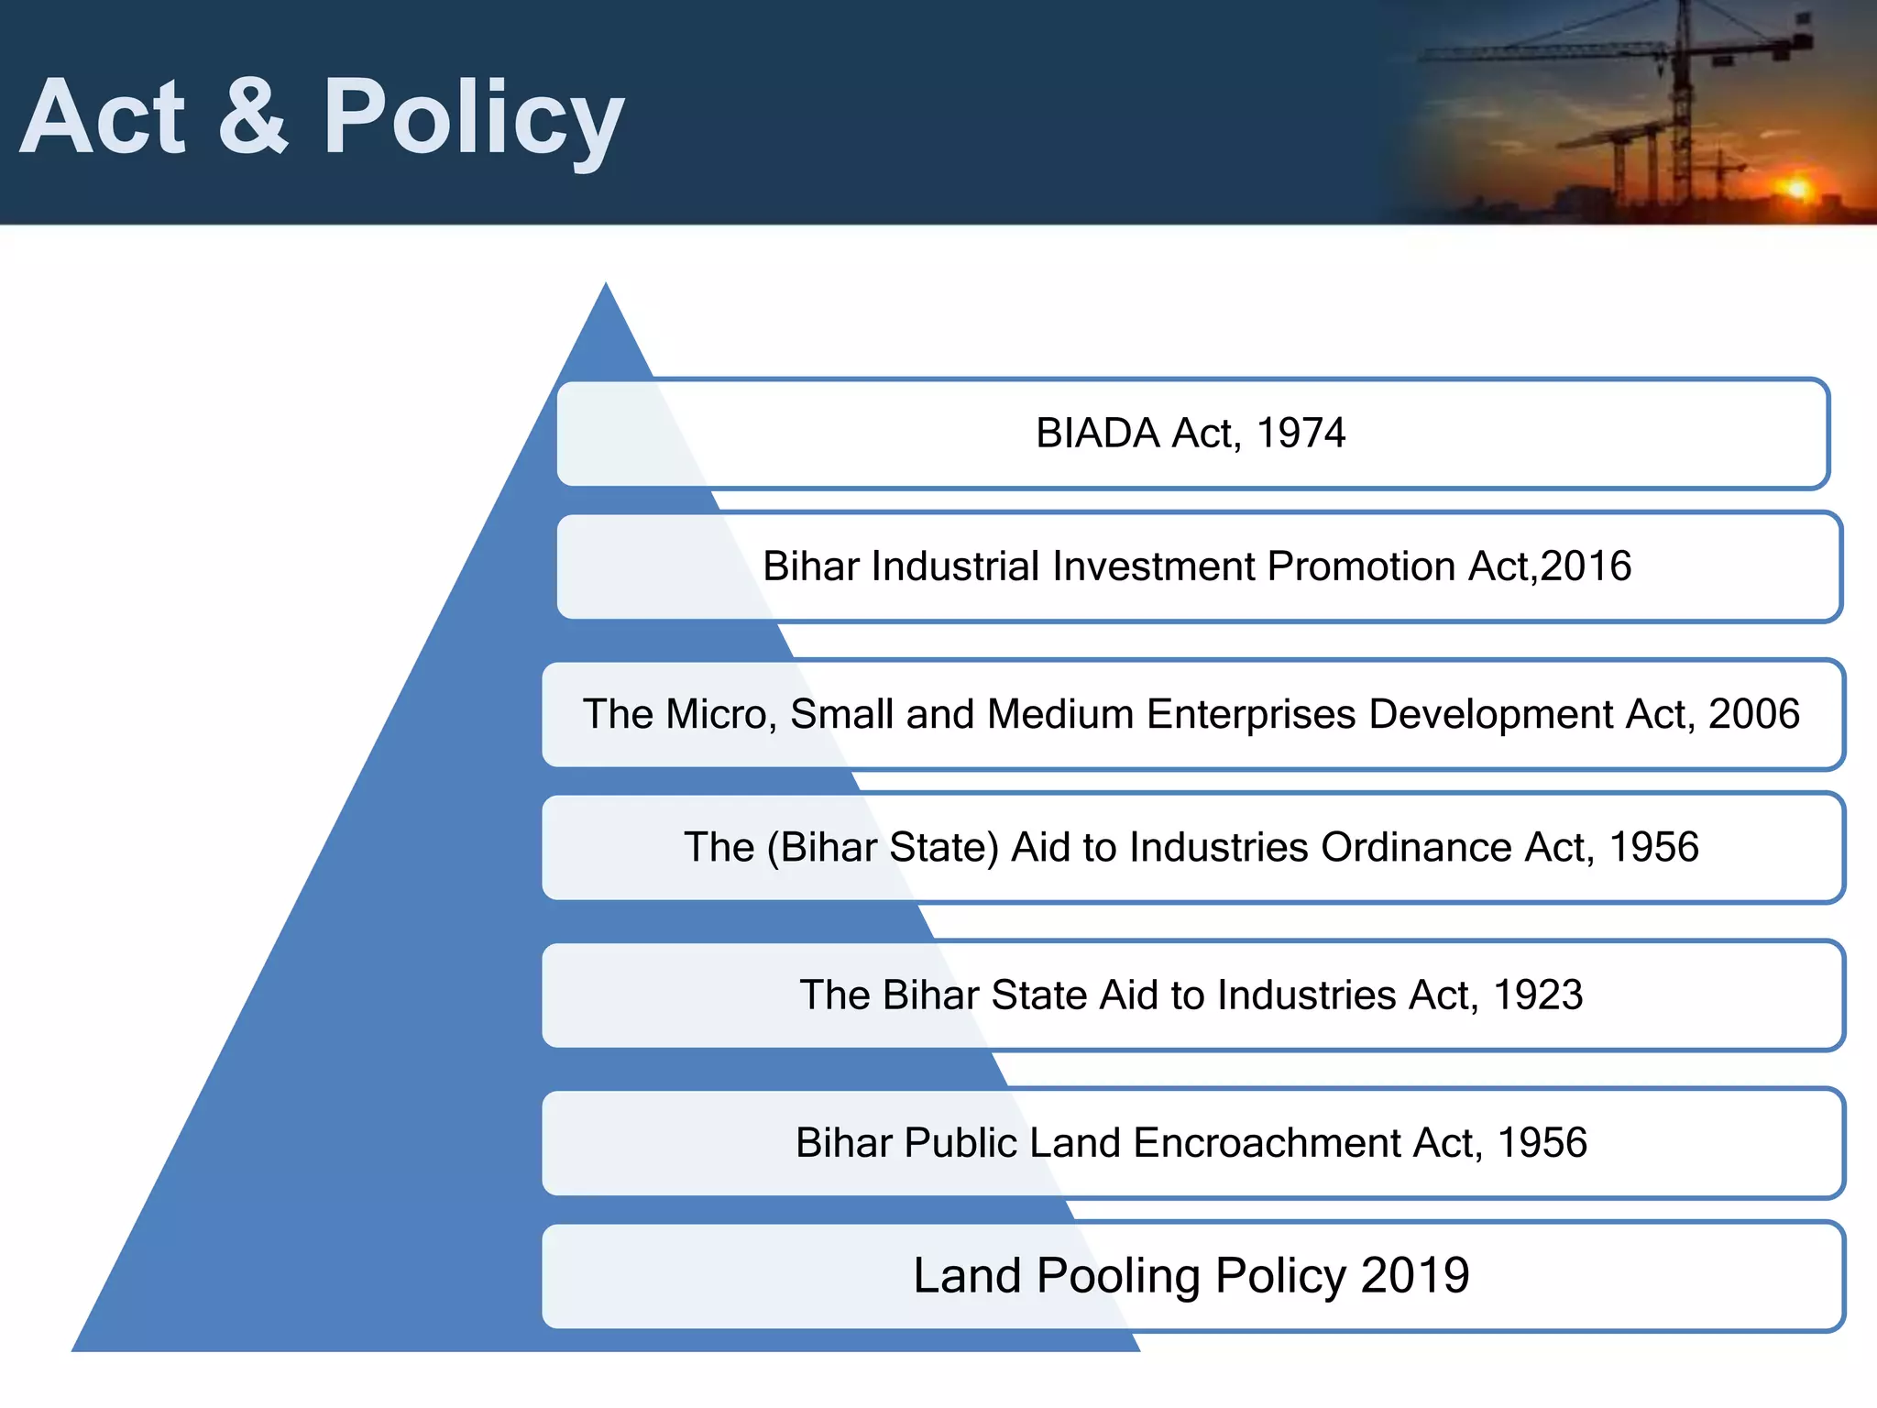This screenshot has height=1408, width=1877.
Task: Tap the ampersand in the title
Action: point(254,117)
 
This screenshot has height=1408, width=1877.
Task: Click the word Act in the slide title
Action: point(103,117)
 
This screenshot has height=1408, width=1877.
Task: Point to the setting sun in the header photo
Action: point(1797,189)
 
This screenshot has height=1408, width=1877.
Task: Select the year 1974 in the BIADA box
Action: point(1301,434)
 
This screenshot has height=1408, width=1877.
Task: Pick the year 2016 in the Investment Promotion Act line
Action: point(1586,566)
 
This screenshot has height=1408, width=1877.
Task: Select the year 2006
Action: point(1754,714)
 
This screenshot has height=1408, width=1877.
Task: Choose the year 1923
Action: point(1538,995)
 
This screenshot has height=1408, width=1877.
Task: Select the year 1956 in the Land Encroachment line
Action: point(1542,1143)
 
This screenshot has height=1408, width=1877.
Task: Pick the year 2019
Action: point(1415,1276)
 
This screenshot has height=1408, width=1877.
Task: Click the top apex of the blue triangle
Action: point(606,286)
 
